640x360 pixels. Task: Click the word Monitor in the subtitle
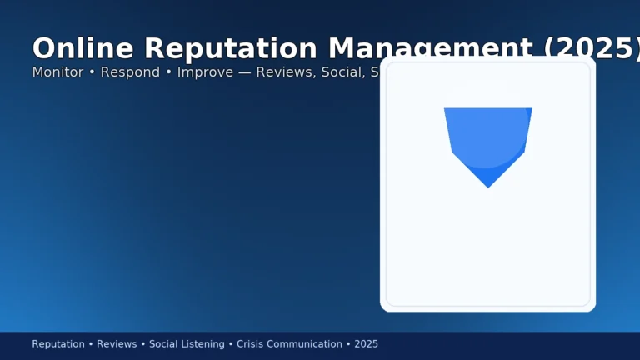point(58,72)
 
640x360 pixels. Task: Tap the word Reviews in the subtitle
point(282,72)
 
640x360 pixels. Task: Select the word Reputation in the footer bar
point(58,344)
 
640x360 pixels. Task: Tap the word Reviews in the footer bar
point(117,344)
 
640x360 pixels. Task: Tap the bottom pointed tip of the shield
point(488,187)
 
